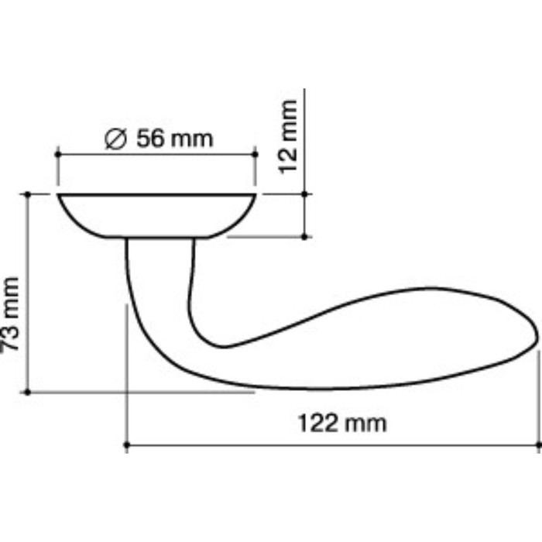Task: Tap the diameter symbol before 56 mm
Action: [x=115, y=139]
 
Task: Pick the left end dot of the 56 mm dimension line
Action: [x=57, y=155]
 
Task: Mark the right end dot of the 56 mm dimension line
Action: [x=256, y=155]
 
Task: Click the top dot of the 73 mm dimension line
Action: [x=29, y=194]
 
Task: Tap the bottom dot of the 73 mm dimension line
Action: [x=29, y=393]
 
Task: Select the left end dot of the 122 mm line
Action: [x=126, y=446]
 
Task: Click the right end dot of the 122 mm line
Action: [x=538, y=446]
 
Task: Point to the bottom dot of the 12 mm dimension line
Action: [x=306, y=236]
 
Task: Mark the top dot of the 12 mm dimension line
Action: [x=306, y=194]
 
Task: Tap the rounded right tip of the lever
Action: [x=530, y=337]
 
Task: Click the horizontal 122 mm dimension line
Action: [x=333, y=446]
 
